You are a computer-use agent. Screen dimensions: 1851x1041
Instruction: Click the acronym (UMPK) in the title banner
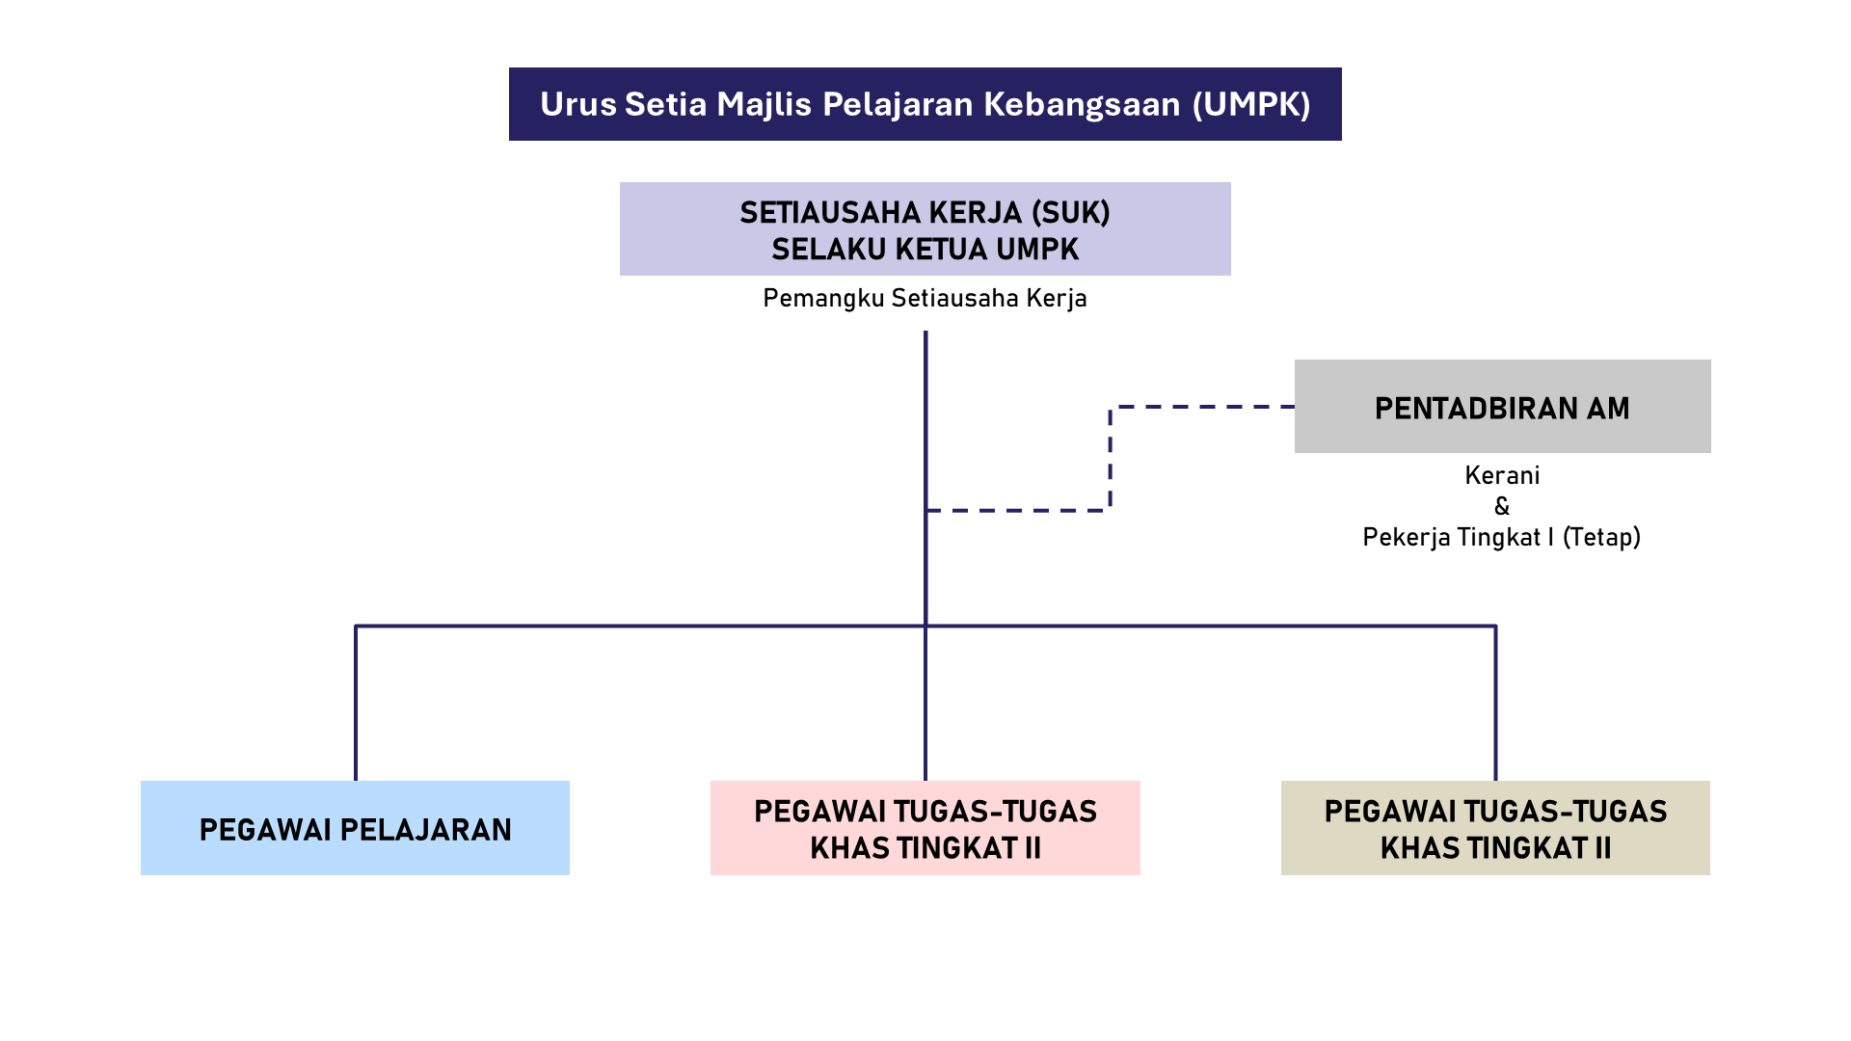[1251, 104]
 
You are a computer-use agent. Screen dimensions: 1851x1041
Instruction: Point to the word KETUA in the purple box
[940, 250]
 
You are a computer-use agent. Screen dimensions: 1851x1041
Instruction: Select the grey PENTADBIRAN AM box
[1502, 407]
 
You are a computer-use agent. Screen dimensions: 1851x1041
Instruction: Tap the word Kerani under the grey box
[1502, 476]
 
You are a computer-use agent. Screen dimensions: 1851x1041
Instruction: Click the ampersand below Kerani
[1502, 507]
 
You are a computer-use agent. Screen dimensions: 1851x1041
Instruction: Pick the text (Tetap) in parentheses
[1601, 538]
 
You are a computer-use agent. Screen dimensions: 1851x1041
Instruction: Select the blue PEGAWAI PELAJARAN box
[355, 828]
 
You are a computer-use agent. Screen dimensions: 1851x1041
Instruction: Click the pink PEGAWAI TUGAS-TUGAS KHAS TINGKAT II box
[925, 828]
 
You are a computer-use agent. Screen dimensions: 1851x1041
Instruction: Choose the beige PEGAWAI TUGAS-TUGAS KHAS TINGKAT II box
[1495, 828]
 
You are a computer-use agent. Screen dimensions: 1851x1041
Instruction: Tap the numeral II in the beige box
[1601, 848]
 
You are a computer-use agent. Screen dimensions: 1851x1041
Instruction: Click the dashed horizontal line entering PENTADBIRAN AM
[1205, 407]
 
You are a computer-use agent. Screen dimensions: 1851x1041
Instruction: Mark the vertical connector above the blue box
[356, 704]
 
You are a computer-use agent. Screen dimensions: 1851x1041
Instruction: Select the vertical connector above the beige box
[1495, 704]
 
